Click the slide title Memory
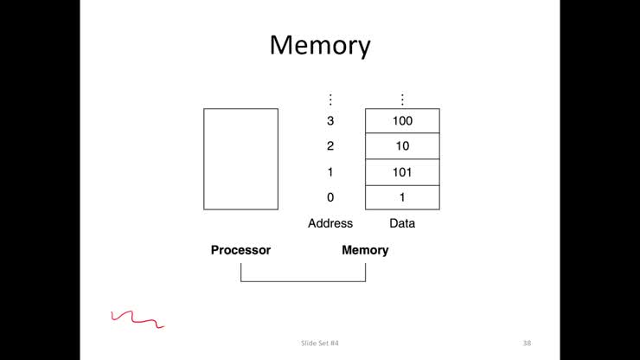coord(319,45)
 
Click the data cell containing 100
coord(402,121)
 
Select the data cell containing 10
coord(402,146)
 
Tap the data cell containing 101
coord(402,172)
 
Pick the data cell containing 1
coord(402,197)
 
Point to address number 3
coord(330,121)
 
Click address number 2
coord(330,146)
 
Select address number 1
coord(330,172)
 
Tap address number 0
coord(330,197)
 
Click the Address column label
coord(330,223)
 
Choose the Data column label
coord(402,223)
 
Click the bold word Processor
coord(240,250)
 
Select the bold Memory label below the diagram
coord(365,250)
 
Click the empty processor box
coord(241,158)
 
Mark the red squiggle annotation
coord(137,319)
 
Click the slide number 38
coord(527,344)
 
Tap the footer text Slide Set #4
coord(320,344)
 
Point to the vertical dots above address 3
coord(330,100)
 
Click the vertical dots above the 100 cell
coord(402,100)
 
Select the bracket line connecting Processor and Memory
coord(303,281)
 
